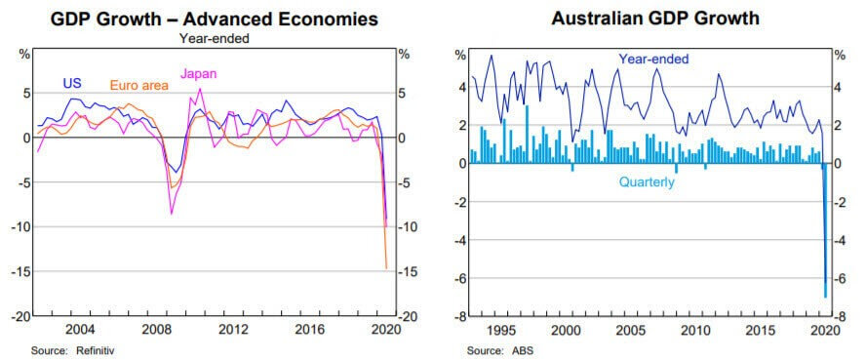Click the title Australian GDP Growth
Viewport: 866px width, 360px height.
[641, 19]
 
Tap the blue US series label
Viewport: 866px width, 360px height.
[72, 84]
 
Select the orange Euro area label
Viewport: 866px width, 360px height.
[138, 86]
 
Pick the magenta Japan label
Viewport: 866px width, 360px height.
[199, 74]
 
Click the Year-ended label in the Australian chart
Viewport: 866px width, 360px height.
[653, 60]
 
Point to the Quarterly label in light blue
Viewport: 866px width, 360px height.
[648, 181]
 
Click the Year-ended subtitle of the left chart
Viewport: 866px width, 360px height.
[213, 38]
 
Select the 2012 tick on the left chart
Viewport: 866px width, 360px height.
[230, 329]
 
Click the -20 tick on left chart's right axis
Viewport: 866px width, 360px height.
[408, 317]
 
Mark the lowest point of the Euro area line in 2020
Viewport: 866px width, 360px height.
[386, 267]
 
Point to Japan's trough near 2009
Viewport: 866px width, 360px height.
[172, 214]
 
